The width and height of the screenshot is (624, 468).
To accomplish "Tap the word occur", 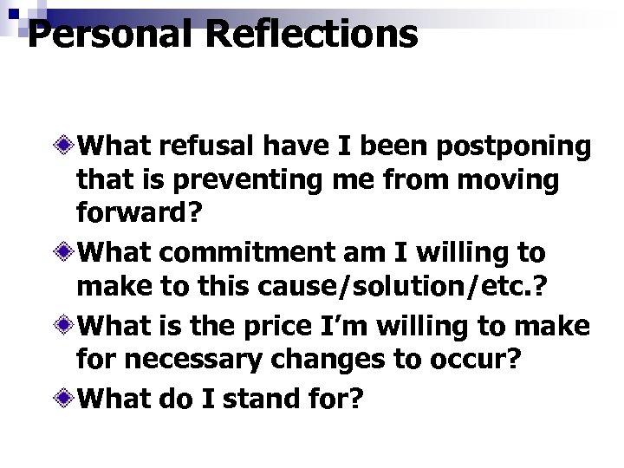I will (478, 361).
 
